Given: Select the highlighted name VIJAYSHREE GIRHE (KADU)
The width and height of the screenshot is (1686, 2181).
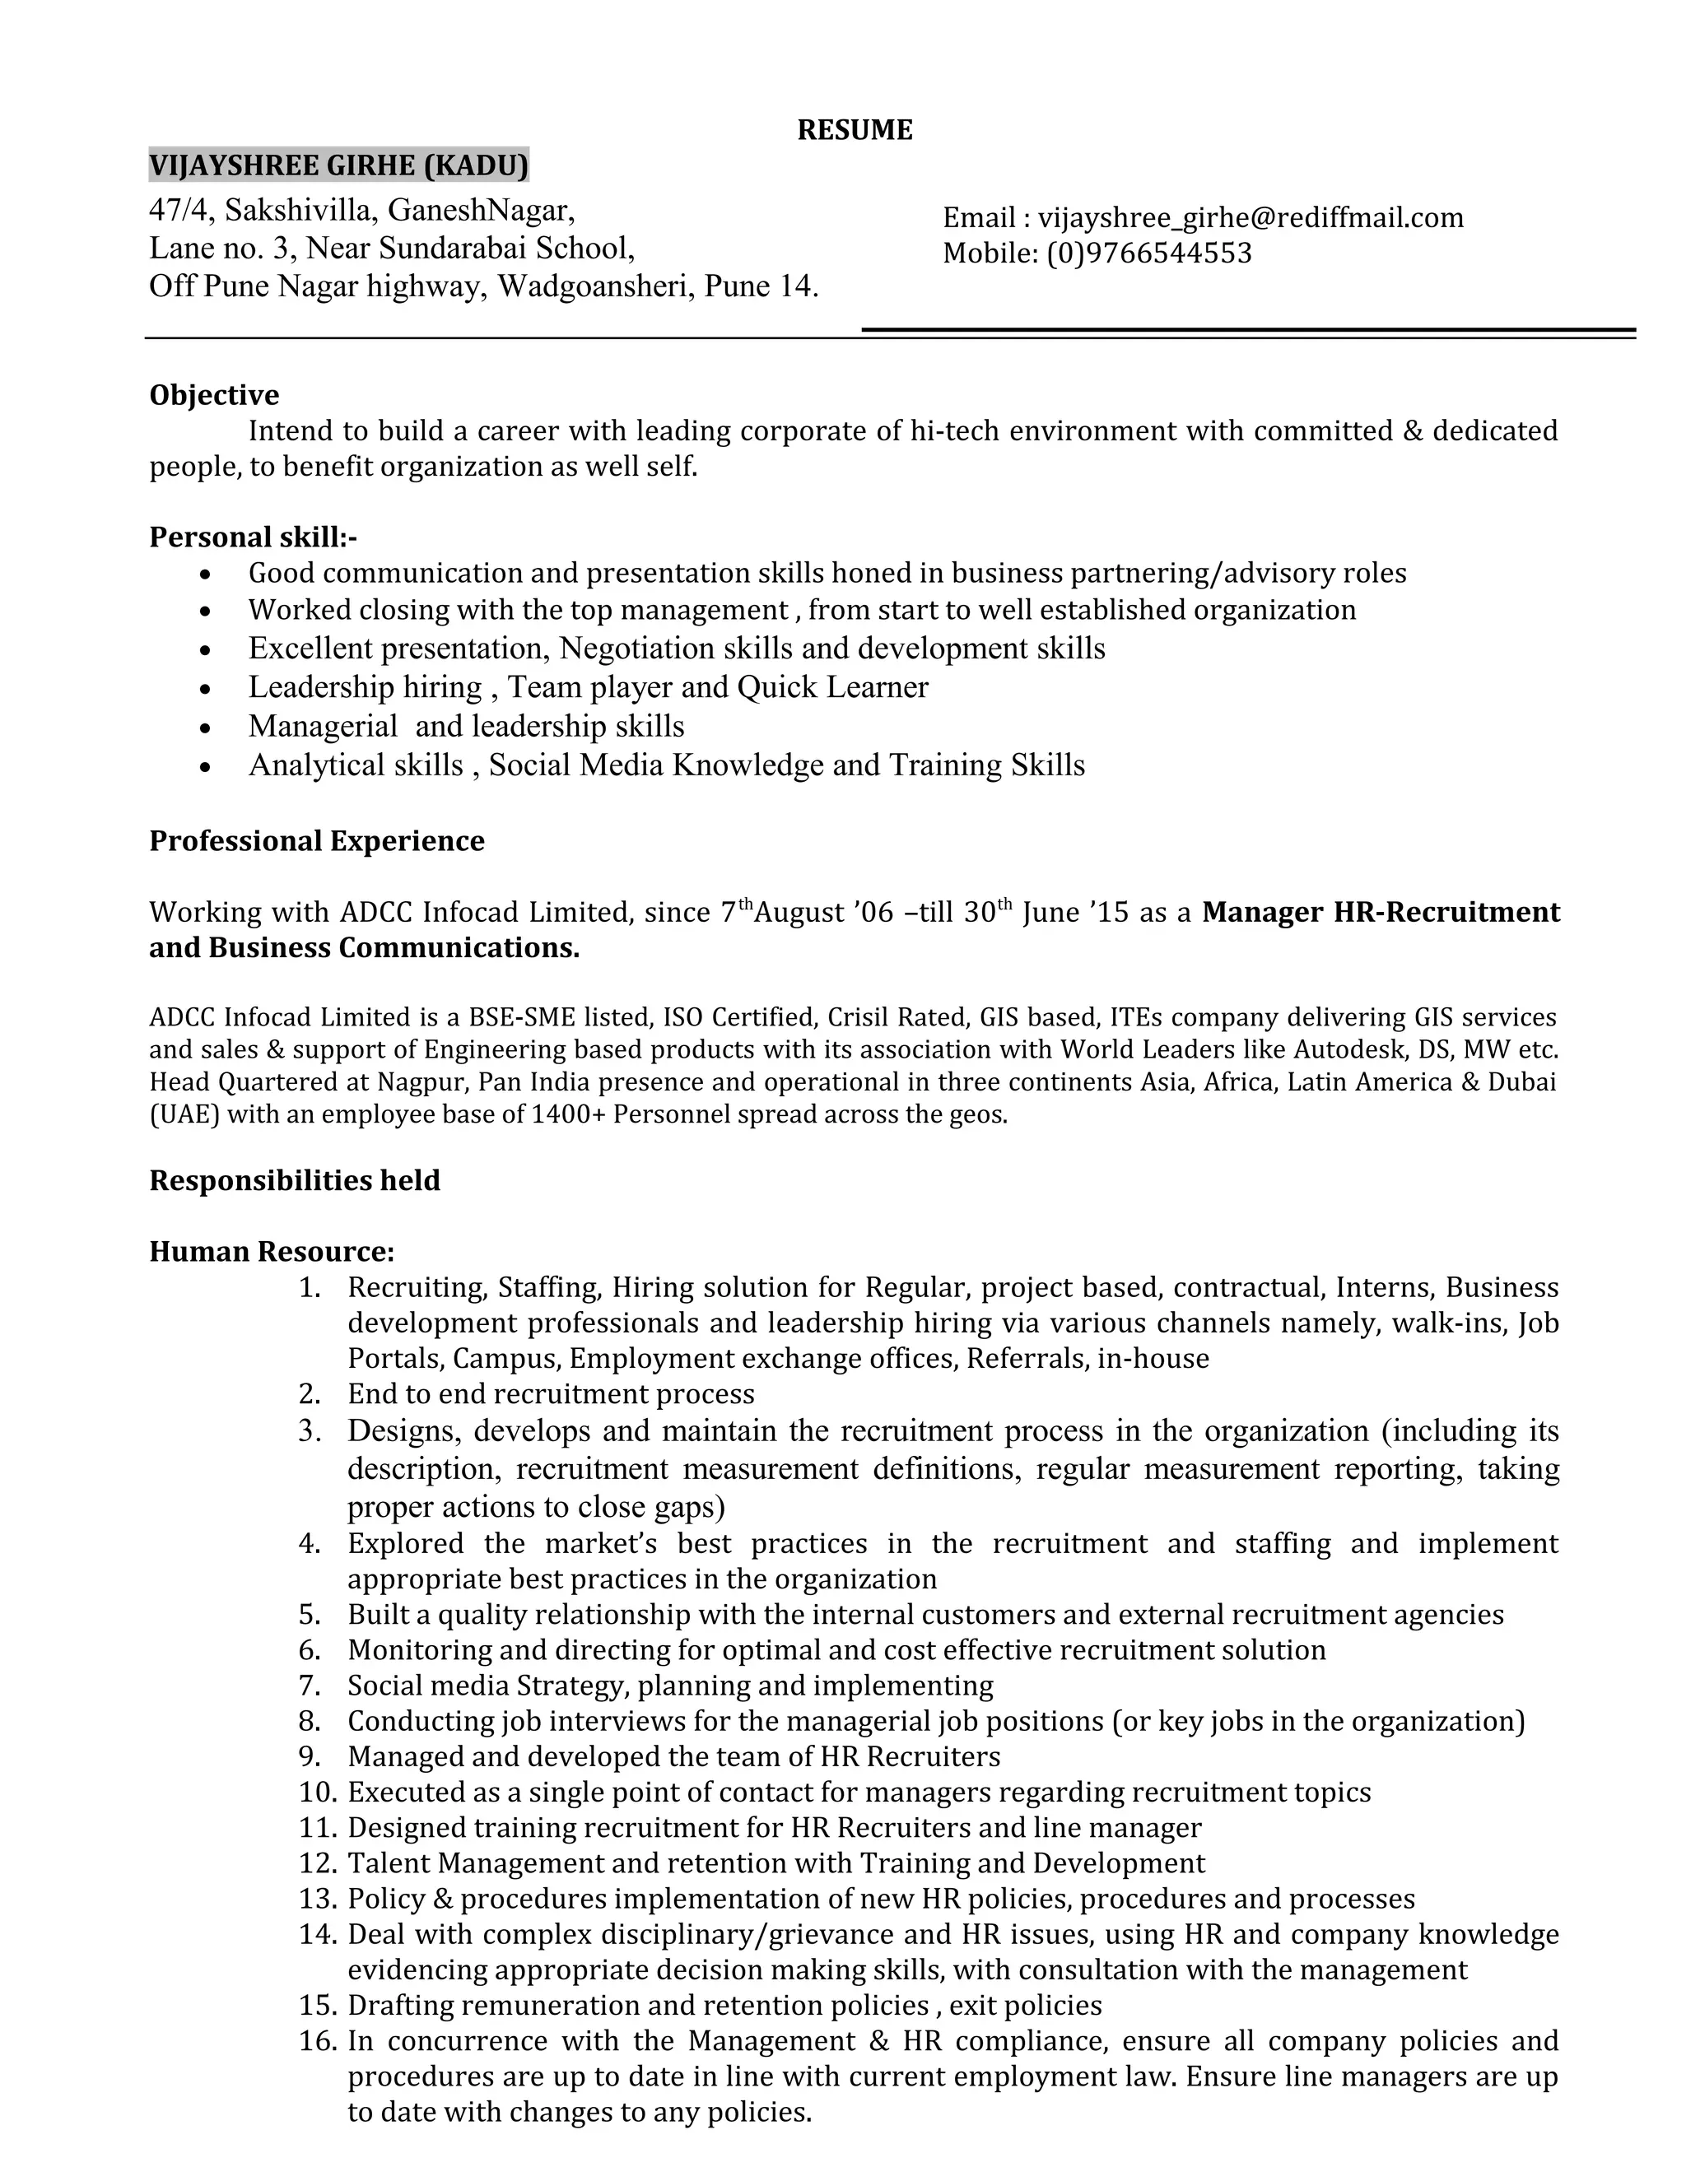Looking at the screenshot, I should [x=338, y=165].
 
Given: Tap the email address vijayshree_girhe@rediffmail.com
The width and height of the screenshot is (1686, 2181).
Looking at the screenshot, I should [x=1251, y=218].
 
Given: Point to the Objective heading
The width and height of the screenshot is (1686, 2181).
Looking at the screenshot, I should [x=214, y=395].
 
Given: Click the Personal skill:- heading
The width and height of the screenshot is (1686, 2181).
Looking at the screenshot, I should [x=253, y=537].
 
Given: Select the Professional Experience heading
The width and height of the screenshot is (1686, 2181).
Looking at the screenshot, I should [x=317, y=841].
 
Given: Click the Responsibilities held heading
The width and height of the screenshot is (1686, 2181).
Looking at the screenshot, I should [x=295, y=1180].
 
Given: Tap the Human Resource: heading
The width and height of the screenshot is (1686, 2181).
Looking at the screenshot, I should [x=272, y=1251].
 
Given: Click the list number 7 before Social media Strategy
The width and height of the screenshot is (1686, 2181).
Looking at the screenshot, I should [x=310, y=1686].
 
